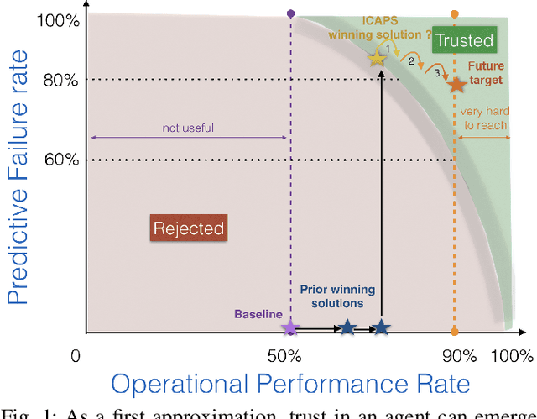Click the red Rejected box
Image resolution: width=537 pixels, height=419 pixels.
pyautogui.click(x=188, y=228)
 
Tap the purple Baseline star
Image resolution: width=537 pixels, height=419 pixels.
pyautogui.click(x=290, y=327)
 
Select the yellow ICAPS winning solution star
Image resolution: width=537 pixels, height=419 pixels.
pyautogui.click(x=377, y=58)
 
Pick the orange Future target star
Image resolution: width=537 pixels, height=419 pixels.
pyautogui.click(x=456, y=85)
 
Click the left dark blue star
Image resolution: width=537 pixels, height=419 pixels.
pyautogui.click(x=347, y=327)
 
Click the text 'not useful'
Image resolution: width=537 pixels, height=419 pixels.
pyautogui.click(x=189, y=128)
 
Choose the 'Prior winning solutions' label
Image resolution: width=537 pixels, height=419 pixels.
pyautogui.click(x=338, y=296)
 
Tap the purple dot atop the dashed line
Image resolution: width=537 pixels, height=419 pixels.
pyautogui.click(x=290, y=13)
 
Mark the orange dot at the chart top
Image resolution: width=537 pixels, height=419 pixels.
pyautogui.click(x=455, y=13)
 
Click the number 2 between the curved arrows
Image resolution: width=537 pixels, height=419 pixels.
pyautogui.click(x=411, y=60)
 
